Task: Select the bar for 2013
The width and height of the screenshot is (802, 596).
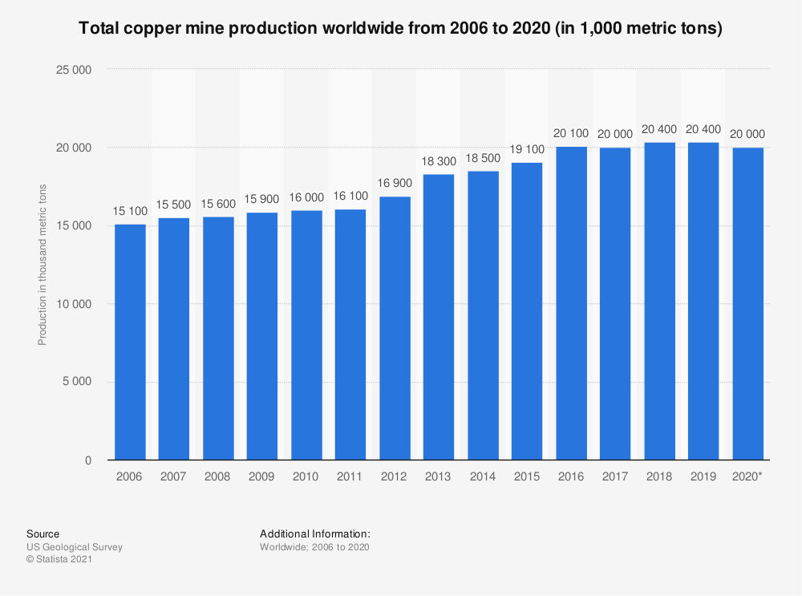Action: click(x=439, y=317)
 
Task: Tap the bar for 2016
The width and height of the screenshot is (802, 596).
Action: click(x=571, y=303)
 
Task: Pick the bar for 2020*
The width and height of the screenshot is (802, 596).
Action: click(x=747, y=304)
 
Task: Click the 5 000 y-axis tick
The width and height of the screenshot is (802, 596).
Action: click(x=78, y=383)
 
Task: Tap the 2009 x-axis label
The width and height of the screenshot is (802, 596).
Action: click(x=262, y=476)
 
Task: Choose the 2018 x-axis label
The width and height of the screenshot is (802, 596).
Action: click(x=659, y=476)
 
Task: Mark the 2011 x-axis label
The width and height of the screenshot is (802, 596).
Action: click(x=350, y=476)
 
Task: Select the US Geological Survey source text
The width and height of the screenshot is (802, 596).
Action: click(x=75, y=547)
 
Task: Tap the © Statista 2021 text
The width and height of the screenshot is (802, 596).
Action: click(x=60, y=560)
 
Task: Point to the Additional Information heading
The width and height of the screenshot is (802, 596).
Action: click(x=315, y=533)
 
